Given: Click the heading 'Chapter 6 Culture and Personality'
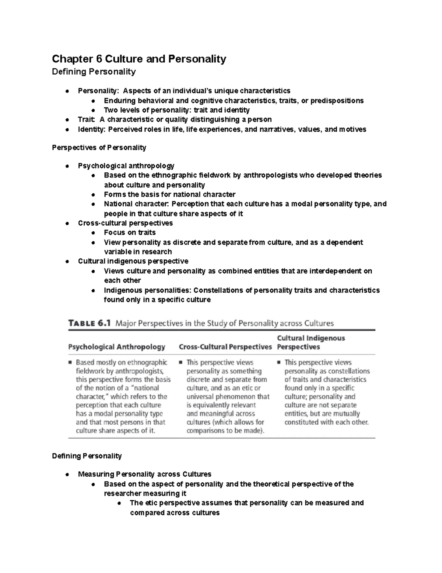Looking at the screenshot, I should pos(139,59).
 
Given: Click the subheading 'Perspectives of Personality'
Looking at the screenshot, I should pos(99,148).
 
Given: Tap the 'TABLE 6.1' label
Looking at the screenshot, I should pos(89,324).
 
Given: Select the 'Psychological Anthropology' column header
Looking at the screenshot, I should pos(117,347).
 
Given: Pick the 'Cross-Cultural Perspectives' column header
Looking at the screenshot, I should pos(225,347).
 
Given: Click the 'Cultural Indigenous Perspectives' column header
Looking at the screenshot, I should pos(311,342).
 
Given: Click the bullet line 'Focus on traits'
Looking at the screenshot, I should pos(130,232).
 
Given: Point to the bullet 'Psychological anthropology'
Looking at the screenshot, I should pos(126,166).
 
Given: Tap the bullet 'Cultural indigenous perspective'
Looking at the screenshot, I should pos(133,261).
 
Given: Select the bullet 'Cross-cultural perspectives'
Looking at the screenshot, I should pos(125,223).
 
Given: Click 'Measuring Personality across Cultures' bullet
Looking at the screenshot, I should pos(144,474).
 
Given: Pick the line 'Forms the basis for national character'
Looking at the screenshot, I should pos(169,194).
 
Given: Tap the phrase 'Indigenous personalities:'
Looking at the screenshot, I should pos(147,290).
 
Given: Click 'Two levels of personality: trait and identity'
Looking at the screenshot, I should pos(176,110).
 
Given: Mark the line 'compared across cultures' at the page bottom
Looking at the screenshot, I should pos(175,512).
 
